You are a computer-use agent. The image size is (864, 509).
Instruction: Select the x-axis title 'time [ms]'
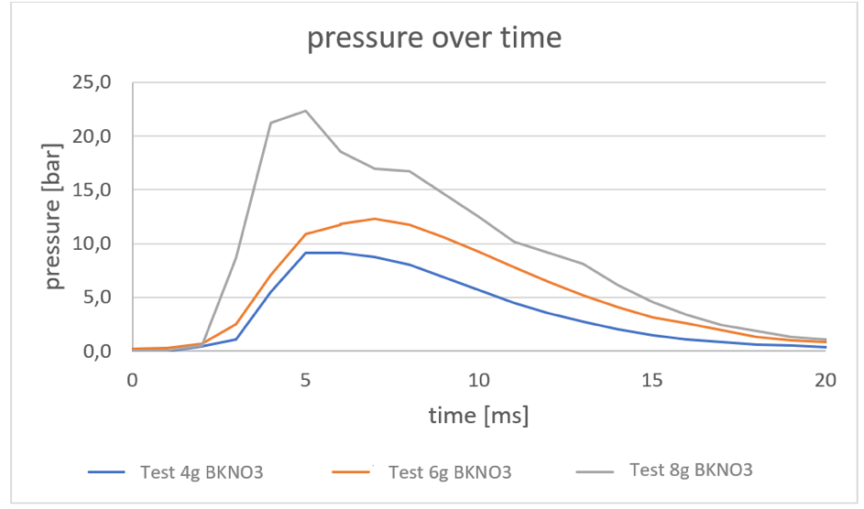pyautogui.click(x=479, y=415)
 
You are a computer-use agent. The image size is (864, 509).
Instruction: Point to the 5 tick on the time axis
pyautogui.click(x=305, y=378)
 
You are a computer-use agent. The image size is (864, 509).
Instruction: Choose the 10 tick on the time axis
pyautogui.click(x=479, y=378)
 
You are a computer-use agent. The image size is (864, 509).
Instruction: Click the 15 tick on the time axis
pyautogui.click(x=652, y=378)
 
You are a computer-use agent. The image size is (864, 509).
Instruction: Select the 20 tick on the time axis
pyautogui.click(x=826, y=378)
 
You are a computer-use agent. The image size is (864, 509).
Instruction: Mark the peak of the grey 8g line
pyautogui.click(x=305, y=111)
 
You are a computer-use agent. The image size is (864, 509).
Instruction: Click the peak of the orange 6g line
pyautogui.click(x=375, y=219)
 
